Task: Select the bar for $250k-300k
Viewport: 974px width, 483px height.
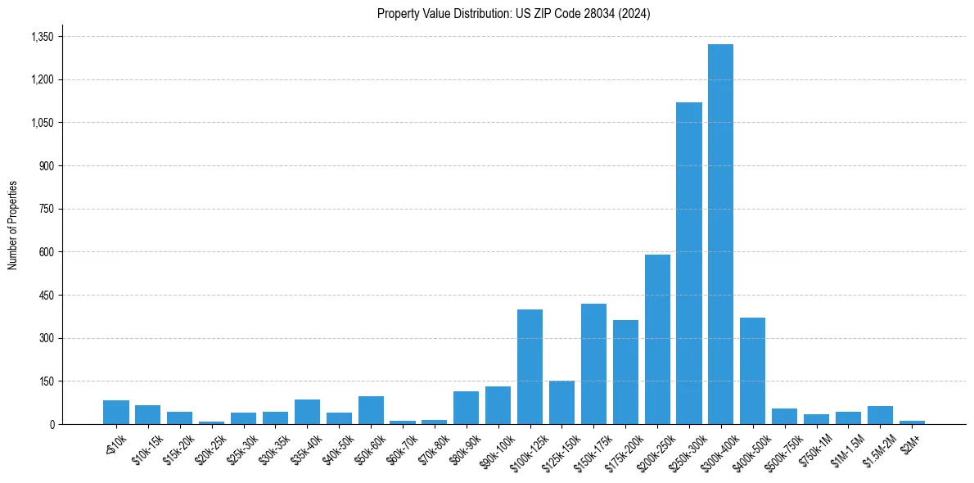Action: (x=688, y=262)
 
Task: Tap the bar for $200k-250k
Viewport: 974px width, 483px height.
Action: (x=657, y=339)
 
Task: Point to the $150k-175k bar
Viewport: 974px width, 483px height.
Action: (x=593, y=363)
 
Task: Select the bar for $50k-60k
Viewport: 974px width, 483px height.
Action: (x=371, y=410)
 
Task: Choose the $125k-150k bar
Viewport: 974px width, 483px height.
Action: (x=561, y=402)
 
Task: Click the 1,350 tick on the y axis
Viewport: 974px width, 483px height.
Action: (x=42, y=37)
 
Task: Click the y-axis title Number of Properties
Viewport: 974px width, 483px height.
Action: (x=12, y=225)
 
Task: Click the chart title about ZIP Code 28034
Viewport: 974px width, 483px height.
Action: (x=513, y=13)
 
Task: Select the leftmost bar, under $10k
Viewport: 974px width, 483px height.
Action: (x=116, y=412)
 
